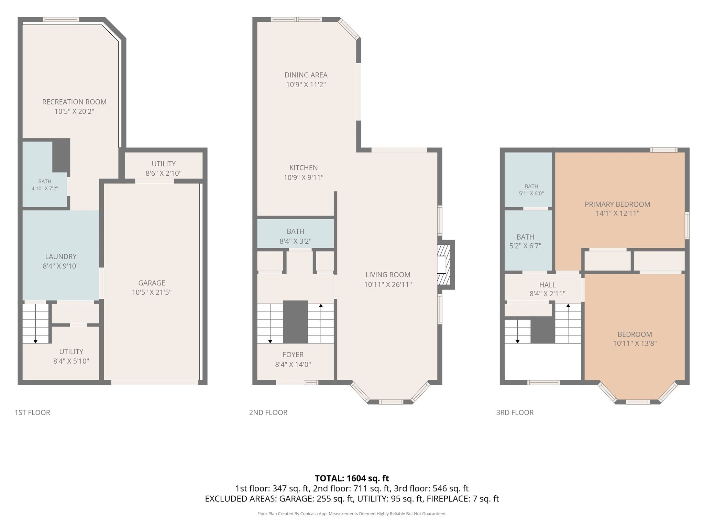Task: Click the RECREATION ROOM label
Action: tap(74, 102)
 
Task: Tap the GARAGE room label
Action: tap(152, 283)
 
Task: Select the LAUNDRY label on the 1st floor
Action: tap(61, 256)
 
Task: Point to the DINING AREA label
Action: tap(306, 75)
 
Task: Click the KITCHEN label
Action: tap(304, 168)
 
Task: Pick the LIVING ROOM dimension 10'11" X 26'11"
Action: tap(388, 285)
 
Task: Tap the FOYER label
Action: tap(293, 355)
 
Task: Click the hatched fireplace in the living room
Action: tap(443, 265)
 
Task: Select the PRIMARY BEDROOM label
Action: tap(617, 204)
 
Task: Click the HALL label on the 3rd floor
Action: tap(548, 285)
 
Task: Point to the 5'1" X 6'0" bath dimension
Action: tap(531, 194)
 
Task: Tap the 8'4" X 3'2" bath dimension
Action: tap(296, 241)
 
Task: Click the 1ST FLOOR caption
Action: tap(32, 412)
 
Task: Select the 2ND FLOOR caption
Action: tap(268, 412)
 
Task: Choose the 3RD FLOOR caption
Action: tap(515, 412)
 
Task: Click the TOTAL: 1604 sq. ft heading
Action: tap(352, 478)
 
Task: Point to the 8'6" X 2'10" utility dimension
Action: tap(164, 173)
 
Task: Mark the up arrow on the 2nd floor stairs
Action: tap(321, 323)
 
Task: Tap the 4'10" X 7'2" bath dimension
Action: tap(45, 188)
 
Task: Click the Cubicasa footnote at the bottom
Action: tap(352, 514)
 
